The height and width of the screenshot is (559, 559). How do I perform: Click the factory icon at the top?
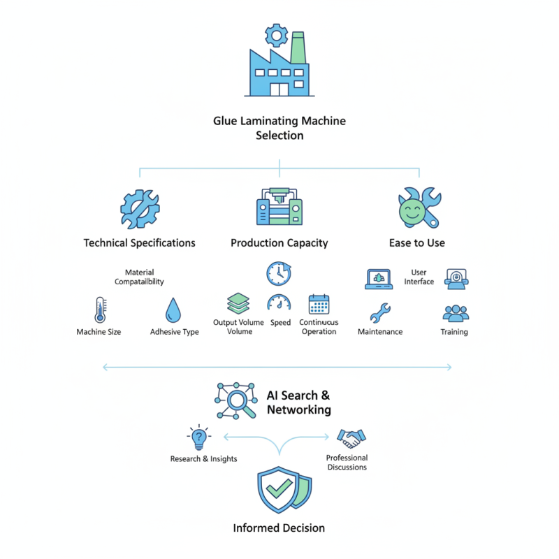279,70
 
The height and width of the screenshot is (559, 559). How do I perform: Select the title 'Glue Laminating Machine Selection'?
279,128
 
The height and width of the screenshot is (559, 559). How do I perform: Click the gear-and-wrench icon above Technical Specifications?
139,208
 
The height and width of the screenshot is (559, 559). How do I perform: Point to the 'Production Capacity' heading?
279,243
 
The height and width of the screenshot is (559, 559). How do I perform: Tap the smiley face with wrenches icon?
418,208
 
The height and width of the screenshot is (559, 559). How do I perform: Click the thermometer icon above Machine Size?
99,310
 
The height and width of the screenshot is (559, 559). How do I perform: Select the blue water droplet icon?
173,310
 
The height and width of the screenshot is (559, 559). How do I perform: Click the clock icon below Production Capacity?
278,273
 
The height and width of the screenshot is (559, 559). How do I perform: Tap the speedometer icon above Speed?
279,303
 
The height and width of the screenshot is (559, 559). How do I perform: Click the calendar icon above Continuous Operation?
319,304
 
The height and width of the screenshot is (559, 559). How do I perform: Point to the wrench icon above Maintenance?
380,312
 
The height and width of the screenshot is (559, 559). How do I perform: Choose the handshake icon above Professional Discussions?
351,439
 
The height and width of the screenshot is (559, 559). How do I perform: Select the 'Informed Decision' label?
279,528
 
